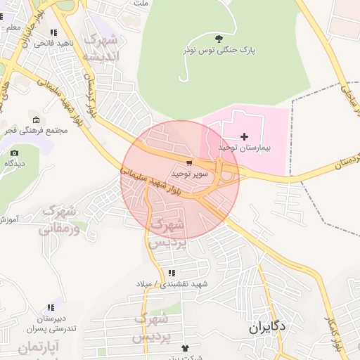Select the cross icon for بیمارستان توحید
[x=244, y=136]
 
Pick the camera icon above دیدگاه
[x=14, y=153]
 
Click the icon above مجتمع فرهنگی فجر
[x=36, y=120]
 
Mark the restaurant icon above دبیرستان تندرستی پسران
[x=50, y=307]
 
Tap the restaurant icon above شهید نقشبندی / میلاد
[x=171, y=273]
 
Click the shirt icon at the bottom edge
[x=185, y=348]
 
